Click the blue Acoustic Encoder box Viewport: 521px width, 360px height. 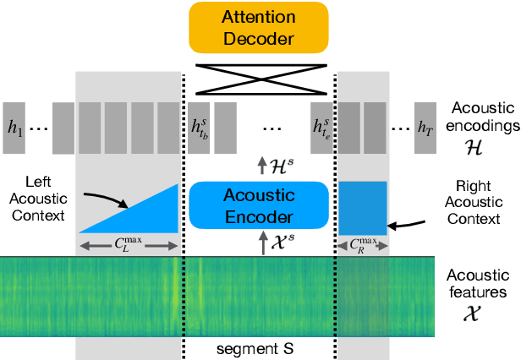[260, 205]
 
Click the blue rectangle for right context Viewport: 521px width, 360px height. [363, 208]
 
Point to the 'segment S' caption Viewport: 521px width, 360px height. [260, 348]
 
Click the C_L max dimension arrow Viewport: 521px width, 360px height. [129, 246]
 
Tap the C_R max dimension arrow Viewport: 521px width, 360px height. [363, 246]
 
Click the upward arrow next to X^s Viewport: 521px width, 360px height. [261, 244]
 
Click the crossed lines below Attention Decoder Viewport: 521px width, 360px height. [260, 76]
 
